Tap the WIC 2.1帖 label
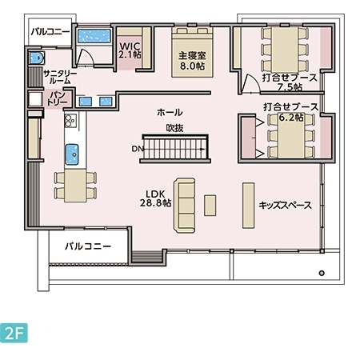[130, 51]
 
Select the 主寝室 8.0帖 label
[191, 62]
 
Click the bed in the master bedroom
[192, 34]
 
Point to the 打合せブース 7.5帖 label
[290, 82]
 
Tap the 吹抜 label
[175, 127]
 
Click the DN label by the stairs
[137, 149]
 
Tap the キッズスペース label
[284, 205]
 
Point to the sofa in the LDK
[186, 205]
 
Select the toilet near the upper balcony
[36, 58]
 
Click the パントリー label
[56, 99]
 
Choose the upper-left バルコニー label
[50, 32]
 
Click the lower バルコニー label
[87, 246]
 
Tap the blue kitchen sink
[72, 152]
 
